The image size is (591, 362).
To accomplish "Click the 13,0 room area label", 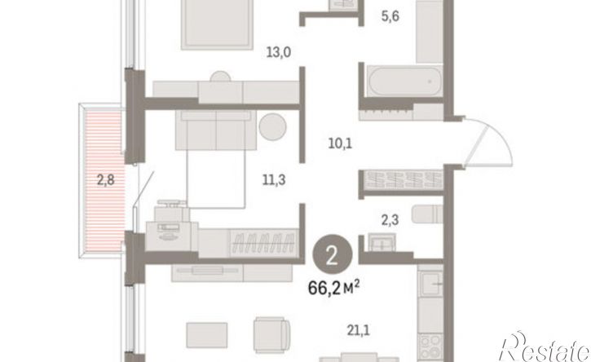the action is [x=279, y=52].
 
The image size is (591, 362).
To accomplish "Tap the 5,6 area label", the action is [x=390, y=16].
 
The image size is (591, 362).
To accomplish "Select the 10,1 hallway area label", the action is [x=340, y=143].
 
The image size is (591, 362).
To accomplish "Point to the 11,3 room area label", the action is [x=274, y=180].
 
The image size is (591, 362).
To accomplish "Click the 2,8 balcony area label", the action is [x=105, y=180].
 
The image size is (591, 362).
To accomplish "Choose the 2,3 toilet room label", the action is [x=390, y=220].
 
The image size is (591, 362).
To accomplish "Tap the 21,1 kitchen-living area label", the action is [x=358, y=331].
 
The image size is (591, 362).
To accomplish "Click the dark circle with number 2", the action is [x=333, y=255].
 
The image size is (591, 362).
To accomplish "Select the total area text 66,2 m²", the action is [x=333, y=289].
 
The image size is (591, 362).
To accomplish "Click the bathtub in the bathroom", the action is [x=405, y=81].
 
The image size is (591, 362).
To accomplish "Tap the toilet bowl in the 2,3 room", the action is [x=427, y=214].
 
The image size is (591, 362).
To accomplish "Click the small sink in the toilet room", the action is [x=382, y=241].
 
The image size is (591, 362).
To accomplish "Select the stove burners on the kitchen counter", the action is [x=430, y=347].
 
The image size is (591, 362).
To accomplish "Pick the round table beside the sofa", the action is [x=272, y=127].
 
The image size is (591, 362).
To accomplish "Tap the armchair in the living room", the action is [x=271, y=335].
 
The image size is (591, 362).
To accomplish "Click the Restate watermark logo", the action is [x=545, y=347].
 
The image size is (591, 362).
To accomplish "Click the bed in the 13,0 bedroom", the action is [x=217, y=25].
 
